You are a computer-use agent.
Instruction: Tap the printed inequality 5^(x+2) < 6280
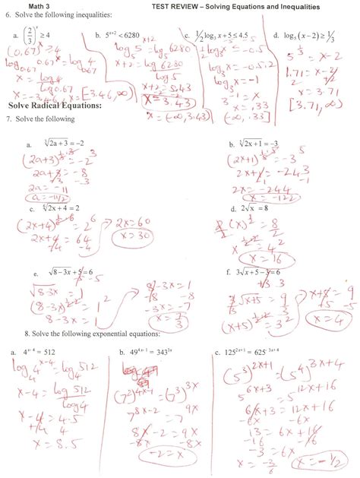point(125,35)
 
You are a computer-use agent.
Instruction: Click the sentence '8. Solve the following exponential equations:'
point(91,334)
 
